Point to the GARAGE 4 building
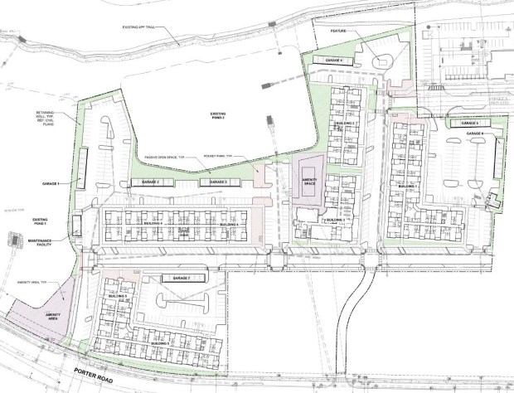tap(335, 61)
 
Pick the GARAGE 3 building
tap(218, 182)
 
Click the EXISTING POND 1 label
tap(43, 221)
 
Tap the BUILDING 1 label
tap(406, 187)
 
